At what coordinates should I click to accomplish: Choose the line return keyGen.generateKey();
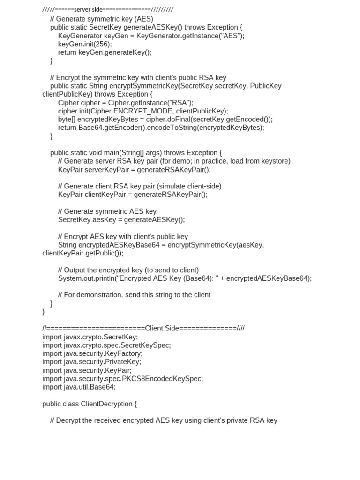pyautogui.click(x=105, y=52)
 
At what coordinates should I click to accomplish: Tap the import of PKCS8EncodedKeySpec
pyautogui.click(x=122, y=379)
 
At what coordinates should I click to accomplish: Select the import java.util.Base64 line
pyautogui.click(x=79, y=387)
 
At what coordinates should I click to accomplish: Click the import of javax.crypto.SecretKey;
pyautogui.click(x=90, y=337)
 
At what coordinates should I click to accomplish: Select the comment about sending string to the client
pyautogui.click(x=134, y=295)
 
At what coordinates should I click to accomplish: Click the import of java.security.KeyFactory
pyautogui.click(x=92, y=354)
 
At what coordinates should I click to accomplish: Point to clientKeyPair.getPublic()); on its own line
pyautogui.click(x=83, y=253)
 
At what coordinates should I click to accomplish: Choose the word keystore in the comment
pyautogui.click(x=276, y=161)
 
